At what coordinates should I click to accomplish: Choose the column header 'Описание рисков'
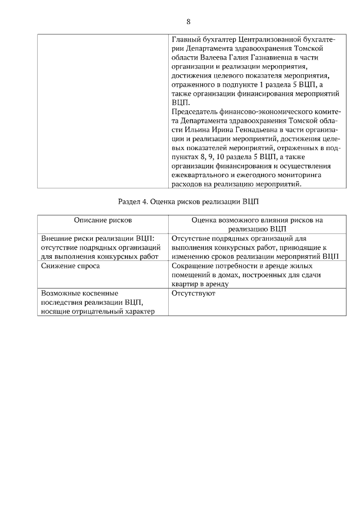tap(103, 221)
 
